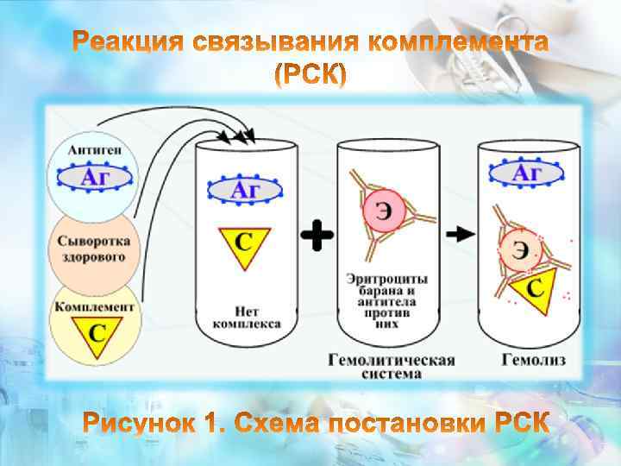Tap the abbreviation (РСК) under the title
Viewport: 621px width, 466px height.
coord(310,77)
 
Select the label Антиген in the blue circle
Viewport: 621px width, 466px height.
coord(94,150)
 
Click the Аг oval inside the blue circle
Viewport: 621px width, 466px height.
coord(94,179)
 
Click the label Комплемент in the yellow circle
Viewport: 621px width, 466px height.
coord(94,306)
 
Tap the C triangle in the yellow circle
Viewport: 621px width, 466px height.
coord(94,331)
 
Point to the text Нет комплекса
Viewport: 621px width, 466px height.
coord(246,316)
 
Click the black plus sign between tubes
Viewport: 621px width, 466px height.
coord(318,234)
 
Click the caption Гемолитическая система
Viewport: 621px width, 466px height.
coord(390,366)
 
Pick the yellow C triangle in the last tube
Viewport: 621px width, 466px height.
coord(534,287)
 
